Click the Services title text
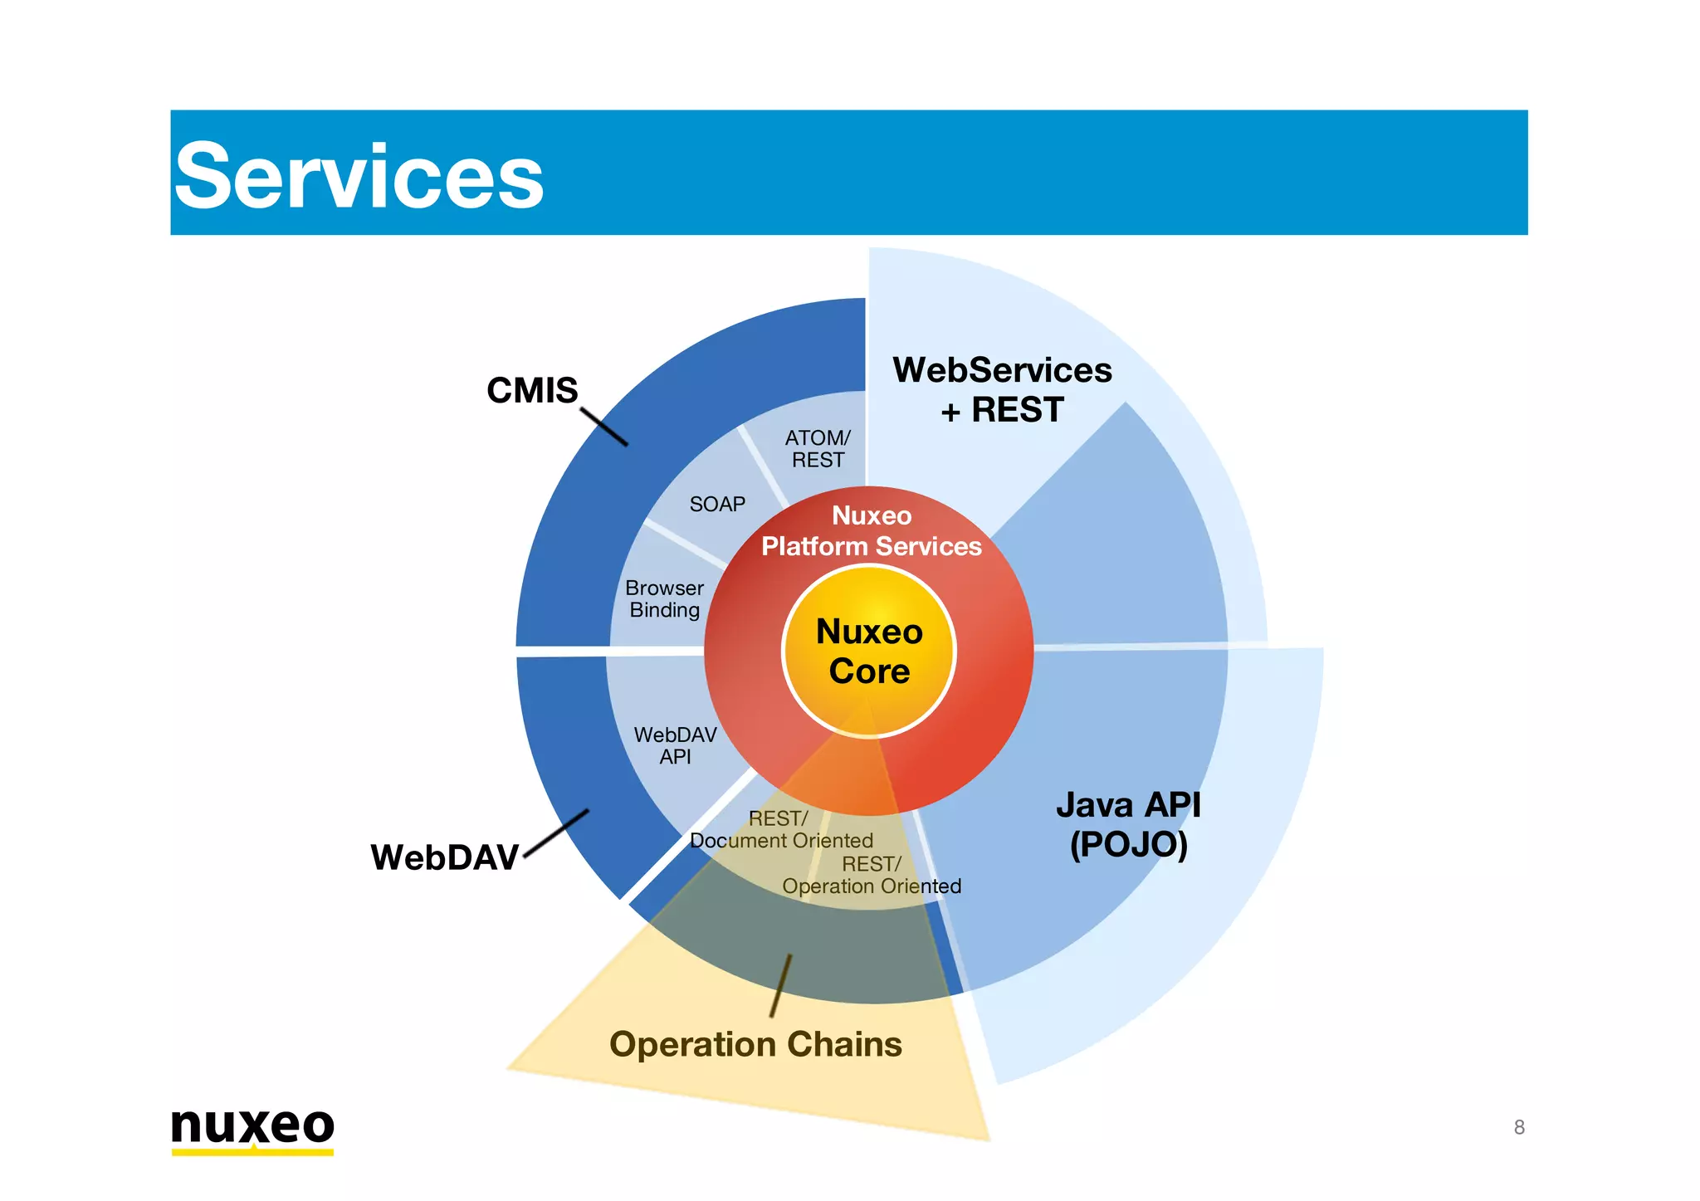tap(359, 176)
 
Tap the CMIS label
tap(531, 390)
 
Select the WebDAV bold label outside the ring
tap(444, 857)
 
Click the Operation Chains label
tap(755, 1044)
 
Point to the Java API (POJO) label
tap(1128, 824)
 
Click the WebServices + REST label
tap(1002, 389)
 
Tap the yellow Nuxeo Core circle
tap(869, 652)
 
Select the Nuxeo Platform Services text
tap(871, 531)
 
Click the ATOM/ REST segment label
tap(818, 449)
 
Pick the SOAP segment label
tap(717, 504)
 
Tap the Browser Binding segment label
tap(664, 598)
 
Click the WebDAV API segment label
tap(675, 745)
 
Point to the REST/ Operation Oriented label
tap(871, 876)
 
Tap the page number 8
tap(1519, 1127)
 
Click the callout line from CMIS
tap(604, 427)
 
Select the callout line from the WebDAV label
tap(557, 833)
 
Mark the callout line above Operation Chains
tap(780, 985)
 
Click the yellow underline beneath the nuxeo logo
tap(252, 1152)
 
